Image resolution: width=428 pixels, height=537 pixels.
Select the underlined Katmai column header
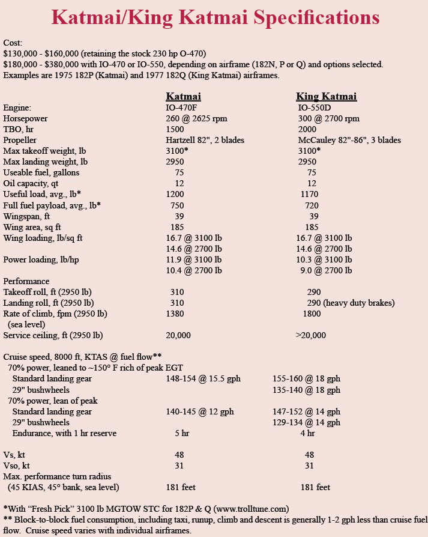click(x=183, y=97)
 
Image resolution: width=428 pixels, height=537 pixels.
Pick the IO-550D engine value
click(x=318, y=108)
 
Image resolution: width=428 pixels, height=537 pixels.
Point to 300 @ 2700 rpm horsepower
click(x=328, y=118)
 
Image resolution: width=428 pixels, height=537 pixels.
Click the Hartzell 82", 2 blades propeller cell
click(x=205, y=140)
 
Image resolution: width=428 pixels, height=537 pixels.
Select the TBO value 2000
click(x=308, y=129)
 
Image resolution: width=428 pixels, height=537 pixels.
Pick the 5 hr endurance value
click(x=182, y=433)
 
